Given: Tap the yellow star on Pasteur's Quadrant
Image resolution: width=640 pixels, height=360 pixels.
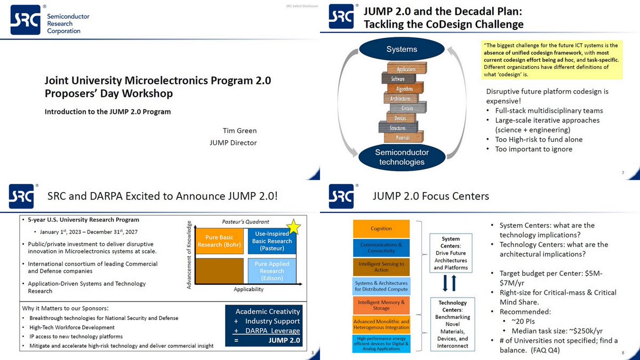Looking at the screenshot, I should [x=294, y=227].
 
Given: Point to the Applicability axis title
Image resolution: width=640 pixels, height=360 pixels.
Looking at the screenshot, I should [x=249, y=290].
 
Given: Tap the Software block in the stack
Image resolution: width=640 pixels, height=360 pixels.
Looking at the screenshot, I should [x=398, y=78].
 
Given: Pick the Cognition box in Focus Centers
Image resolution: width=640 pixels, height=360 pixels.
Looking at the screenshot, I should [x=381, y=229].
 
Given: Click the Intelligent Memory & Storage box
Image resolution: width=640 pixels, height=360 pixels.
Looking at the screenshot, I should [x=381, y=305].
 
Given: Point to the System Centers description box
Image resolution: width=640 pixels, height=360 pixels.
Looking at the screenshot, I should [x=451, y=253].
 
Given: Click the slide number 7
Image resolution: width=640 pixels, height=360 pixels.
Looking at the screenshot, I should [x=623, y=172].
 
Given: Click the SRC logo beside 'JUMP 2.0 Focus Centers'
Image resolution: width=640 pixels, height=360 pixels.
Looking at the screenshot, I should [x=341, y=196].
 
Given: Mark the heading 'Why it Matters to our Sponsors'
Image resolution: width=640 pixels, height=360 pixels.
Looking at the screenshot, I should [x=66, y=308].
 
